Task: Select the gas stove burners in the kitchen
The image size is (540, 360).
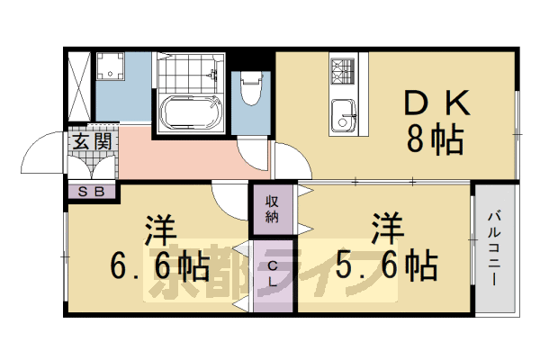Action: coord(343,70)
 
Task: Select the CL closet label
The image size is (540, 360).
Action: coord(273,274)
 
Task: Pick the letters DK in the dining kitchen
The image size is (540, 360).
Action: coord(435,104)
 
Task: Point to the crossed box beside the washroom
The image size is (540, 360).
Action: coord(78,85)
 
